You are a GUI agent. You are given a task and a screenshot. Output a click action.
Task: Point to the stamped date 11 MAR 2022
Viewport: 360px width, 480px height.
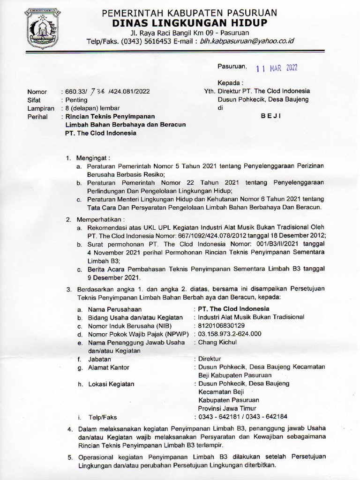[277, 68]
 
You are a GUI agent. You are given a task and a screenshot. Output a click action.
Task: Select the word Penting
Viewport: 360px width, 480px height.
[76, 100]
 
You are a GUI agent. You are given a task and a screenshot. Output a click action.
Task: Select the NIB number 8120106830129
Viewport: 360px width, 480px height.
[221, 325]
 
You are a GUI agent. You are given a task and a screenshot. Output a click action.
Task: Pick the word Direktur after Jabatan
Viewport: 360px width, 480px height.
[210, 359]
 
